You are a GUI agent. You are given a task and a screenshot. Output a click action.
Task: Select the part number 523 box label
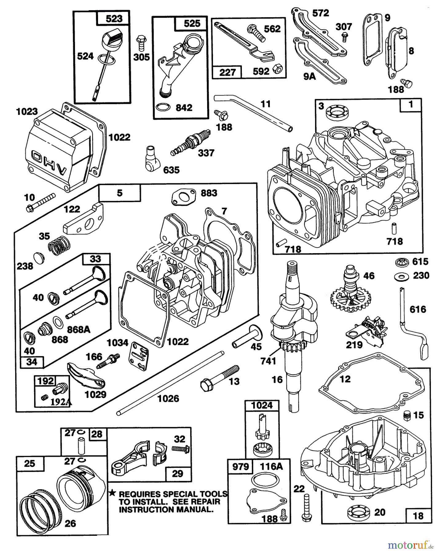pos(114,19)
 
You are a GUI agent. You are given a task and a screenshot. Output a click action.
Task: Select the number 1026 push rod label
pos(168,398)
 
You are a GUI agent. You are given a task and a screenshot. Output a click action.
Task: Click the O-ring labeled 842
pos(163,107)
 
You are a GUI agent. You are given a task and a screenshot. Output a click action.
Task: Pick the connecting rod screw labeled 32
pos(181,449)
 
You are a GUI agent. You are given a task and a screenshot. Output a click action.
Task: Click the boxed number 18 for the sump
pos(418,516)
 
